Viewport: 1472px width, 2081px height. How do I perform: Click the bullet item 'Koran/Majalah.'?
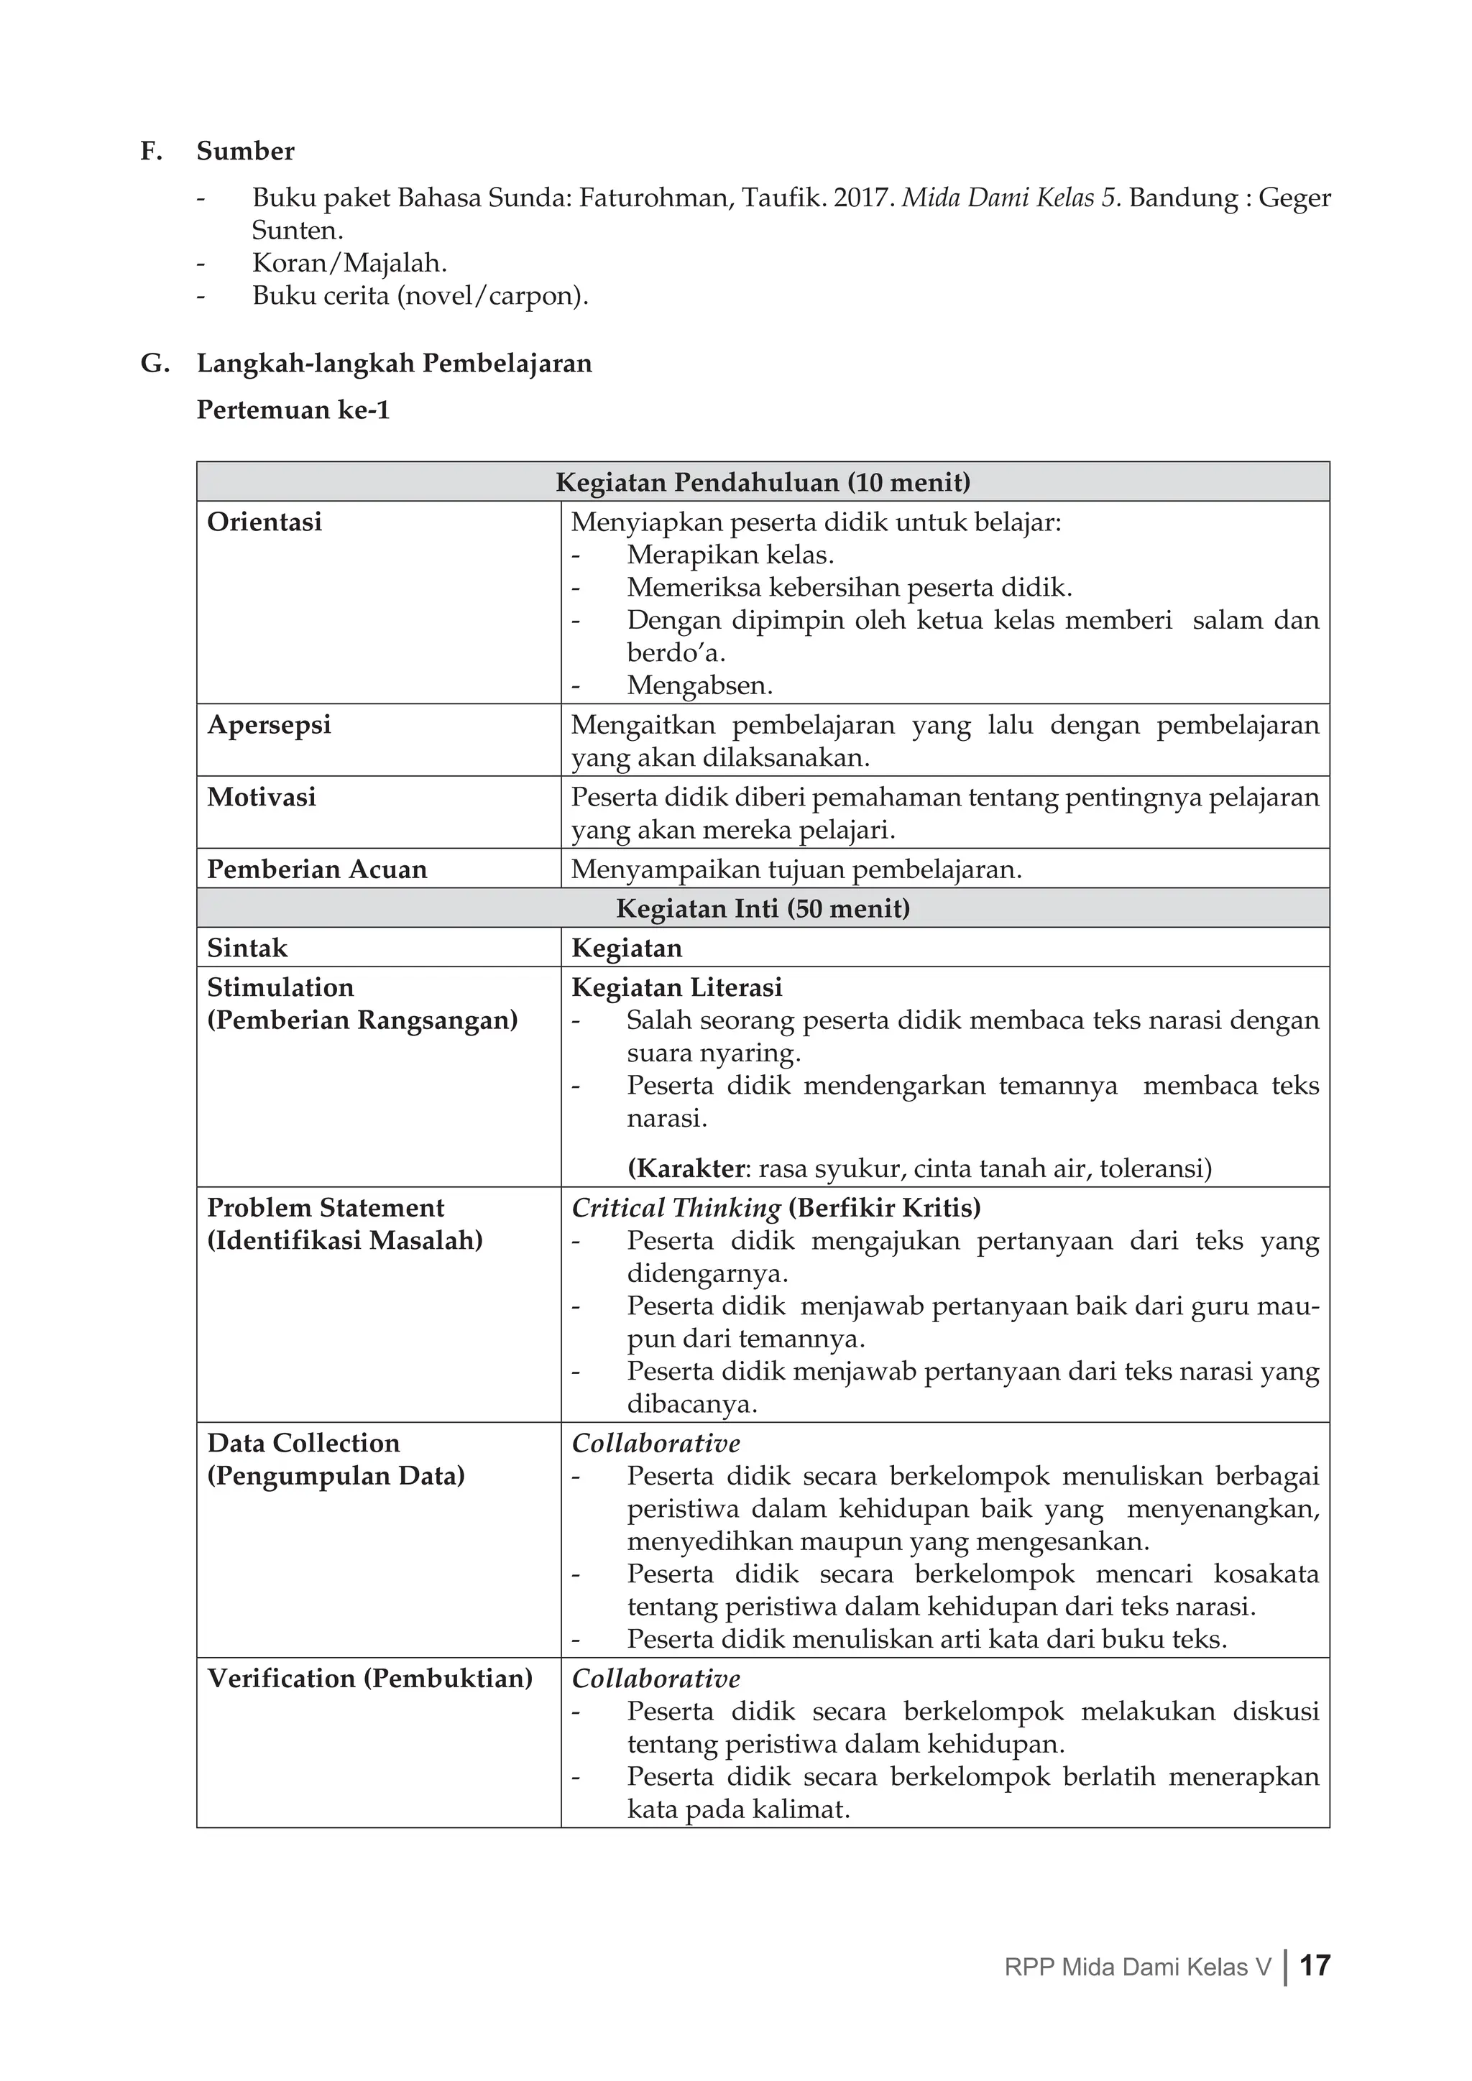pos(349,264)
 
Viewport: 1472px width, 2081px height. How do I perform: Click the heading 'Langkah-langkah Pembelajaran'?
pos(395,364)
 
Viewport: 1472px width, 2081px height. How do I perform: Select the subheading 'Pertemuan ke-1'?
pos(293,410)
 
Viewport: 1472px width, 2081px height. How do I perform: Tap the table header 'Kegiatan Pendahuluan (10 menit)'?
pos(763,482)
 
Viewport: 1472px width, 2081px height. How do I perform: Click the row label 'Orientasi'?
pos(264,522)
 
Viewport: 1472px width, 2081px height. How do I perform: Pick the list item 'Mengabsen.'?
pos(699,686)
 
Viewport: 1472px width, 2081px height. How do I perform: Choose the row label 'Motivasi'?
pos(261,798)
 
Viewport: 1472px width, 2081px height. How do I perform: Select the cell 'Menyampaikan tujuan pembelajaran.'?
pos(796,870)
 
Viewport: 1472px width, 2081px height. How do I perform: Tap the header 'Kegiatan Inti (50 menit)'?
pos(763,909)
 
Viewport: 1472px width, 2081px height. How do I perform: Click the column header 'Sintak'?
pos(247,948)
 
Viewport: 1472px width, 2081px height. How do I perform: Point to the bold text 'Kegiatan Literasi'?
pos(676,988)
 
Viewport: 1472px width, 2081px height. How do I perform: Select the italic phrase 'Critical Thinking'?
pos(676,1208)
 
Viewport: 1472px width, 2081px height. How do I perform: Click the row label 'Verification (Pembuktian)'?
pos(369,1679)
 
